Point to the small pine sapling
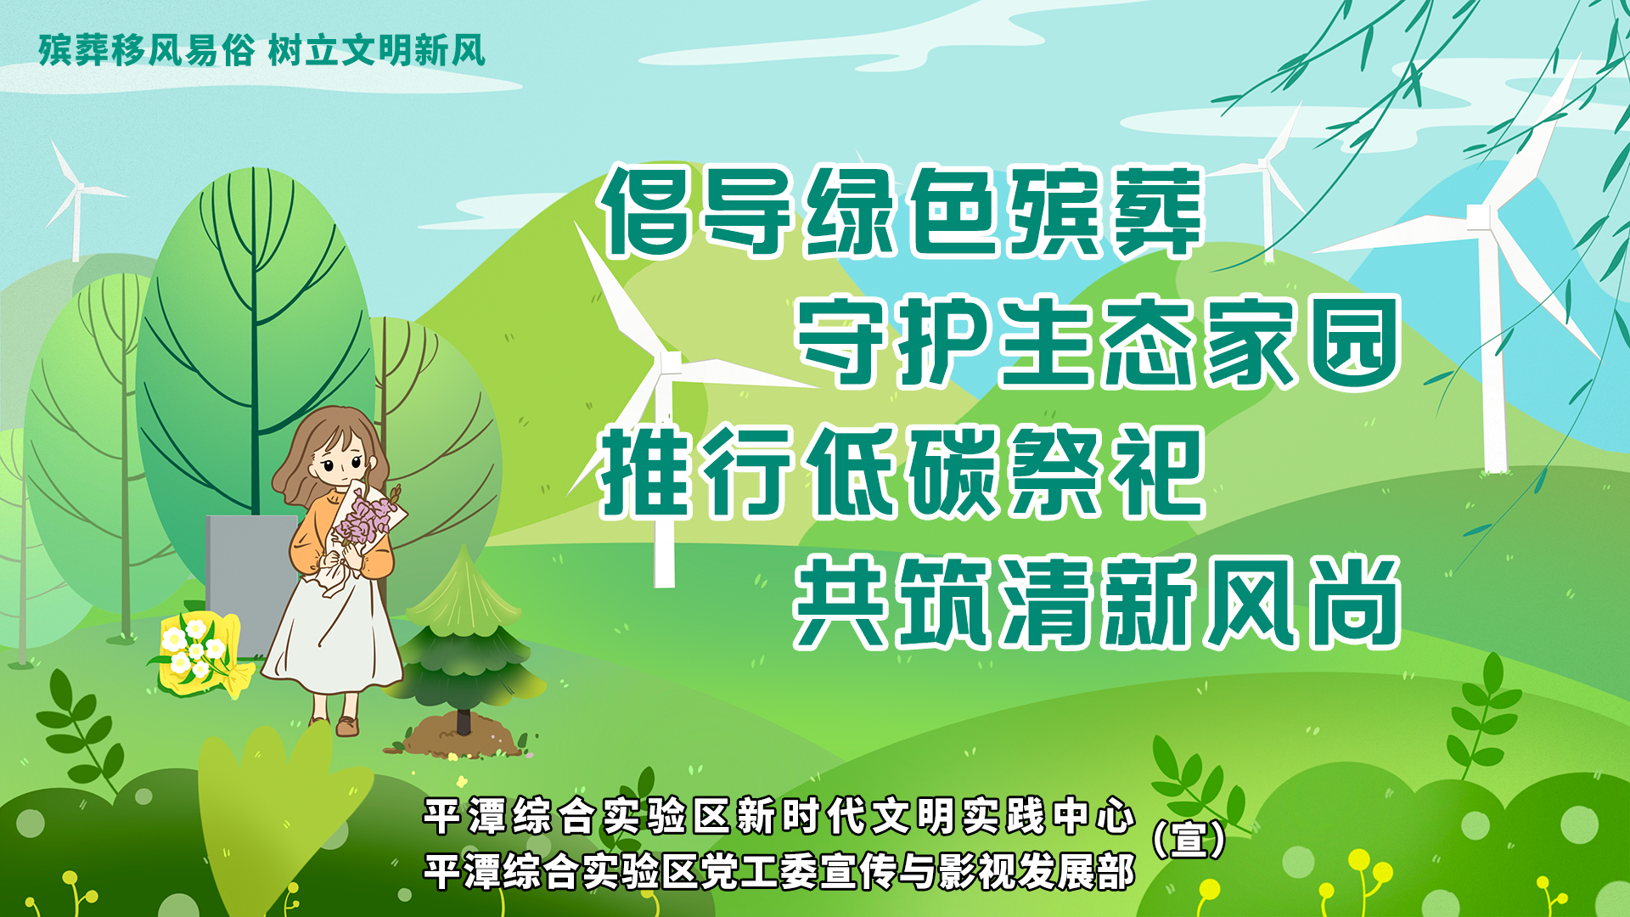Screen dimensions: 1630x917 464,637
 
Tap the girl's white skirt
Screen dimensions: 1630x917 334,633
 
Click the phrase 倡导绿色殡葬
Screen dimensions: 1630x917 902,211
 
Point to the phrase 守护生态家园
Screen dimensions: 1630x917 1098,341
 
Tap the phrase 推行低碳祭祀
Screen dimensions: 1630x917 902,472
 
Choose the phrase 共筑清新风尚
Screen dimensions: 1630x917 1098,602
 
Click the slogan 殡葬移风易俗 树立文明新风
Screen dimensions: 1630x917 262,51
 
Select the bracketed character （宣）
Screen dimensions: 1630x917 1189,839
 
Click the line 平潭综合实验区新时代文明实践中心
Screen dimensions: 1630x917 779,816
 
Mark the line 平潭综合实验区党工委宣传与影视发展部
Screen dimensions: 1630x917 779,872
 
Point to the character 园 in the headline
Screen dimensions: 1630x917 1354,341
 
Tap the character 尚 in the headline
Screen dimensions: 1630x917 1354,602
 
